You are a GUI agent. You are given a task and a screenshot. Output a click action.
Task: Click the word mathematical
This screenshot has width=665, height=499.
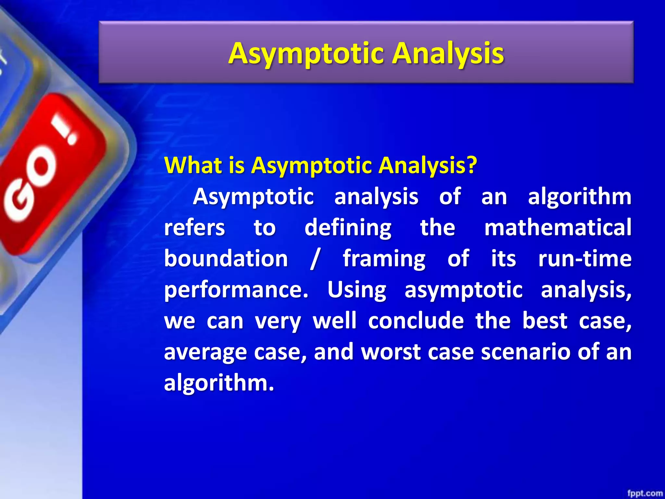[x=558, y=227]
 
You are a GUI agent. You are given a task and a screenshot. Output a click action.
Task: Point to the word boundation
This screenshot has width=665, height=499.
[x=226, y=259]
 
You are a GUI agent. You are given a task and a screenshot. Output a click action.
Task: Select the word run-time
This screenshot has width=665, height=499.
[x=584, y=259]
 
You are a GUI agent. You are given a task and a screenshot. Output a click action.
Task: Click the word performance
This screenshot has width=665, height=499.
[x=236, y=290]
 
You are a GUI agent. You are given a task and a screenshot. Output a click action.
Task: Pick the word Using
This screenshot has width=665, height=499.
[x=357, y=290]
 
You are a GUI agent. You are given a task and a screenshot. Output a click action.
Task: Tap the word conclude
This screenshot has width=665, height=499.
[x=416, y=321]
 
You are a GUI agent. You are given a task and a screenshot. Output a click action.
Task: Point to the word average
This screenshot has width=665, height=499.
[x=205, y=352]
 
